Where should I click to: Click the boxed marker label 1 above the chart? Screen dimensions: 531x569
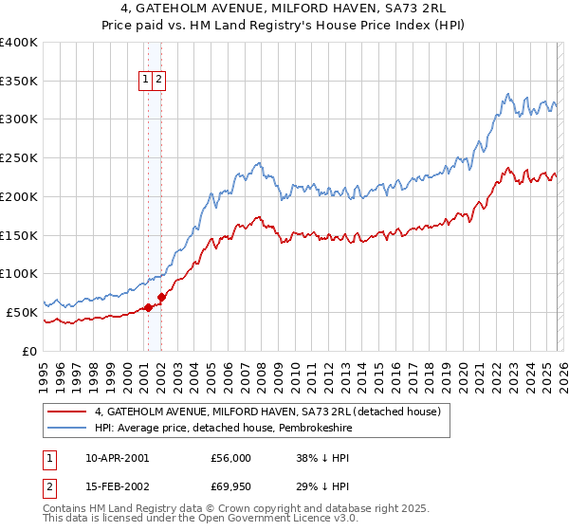[x=147, y=81]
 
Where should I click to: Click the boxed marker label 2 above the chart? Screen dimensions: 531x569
[x=159, y=81]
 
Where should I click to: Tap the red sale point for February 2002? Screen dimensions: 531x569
[x=161, y=297]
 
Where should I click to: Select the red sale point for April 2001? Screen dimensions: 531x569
[x=148, y=307]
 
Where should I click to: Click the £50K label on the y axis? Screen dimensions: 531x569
[x=22, y=311]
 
